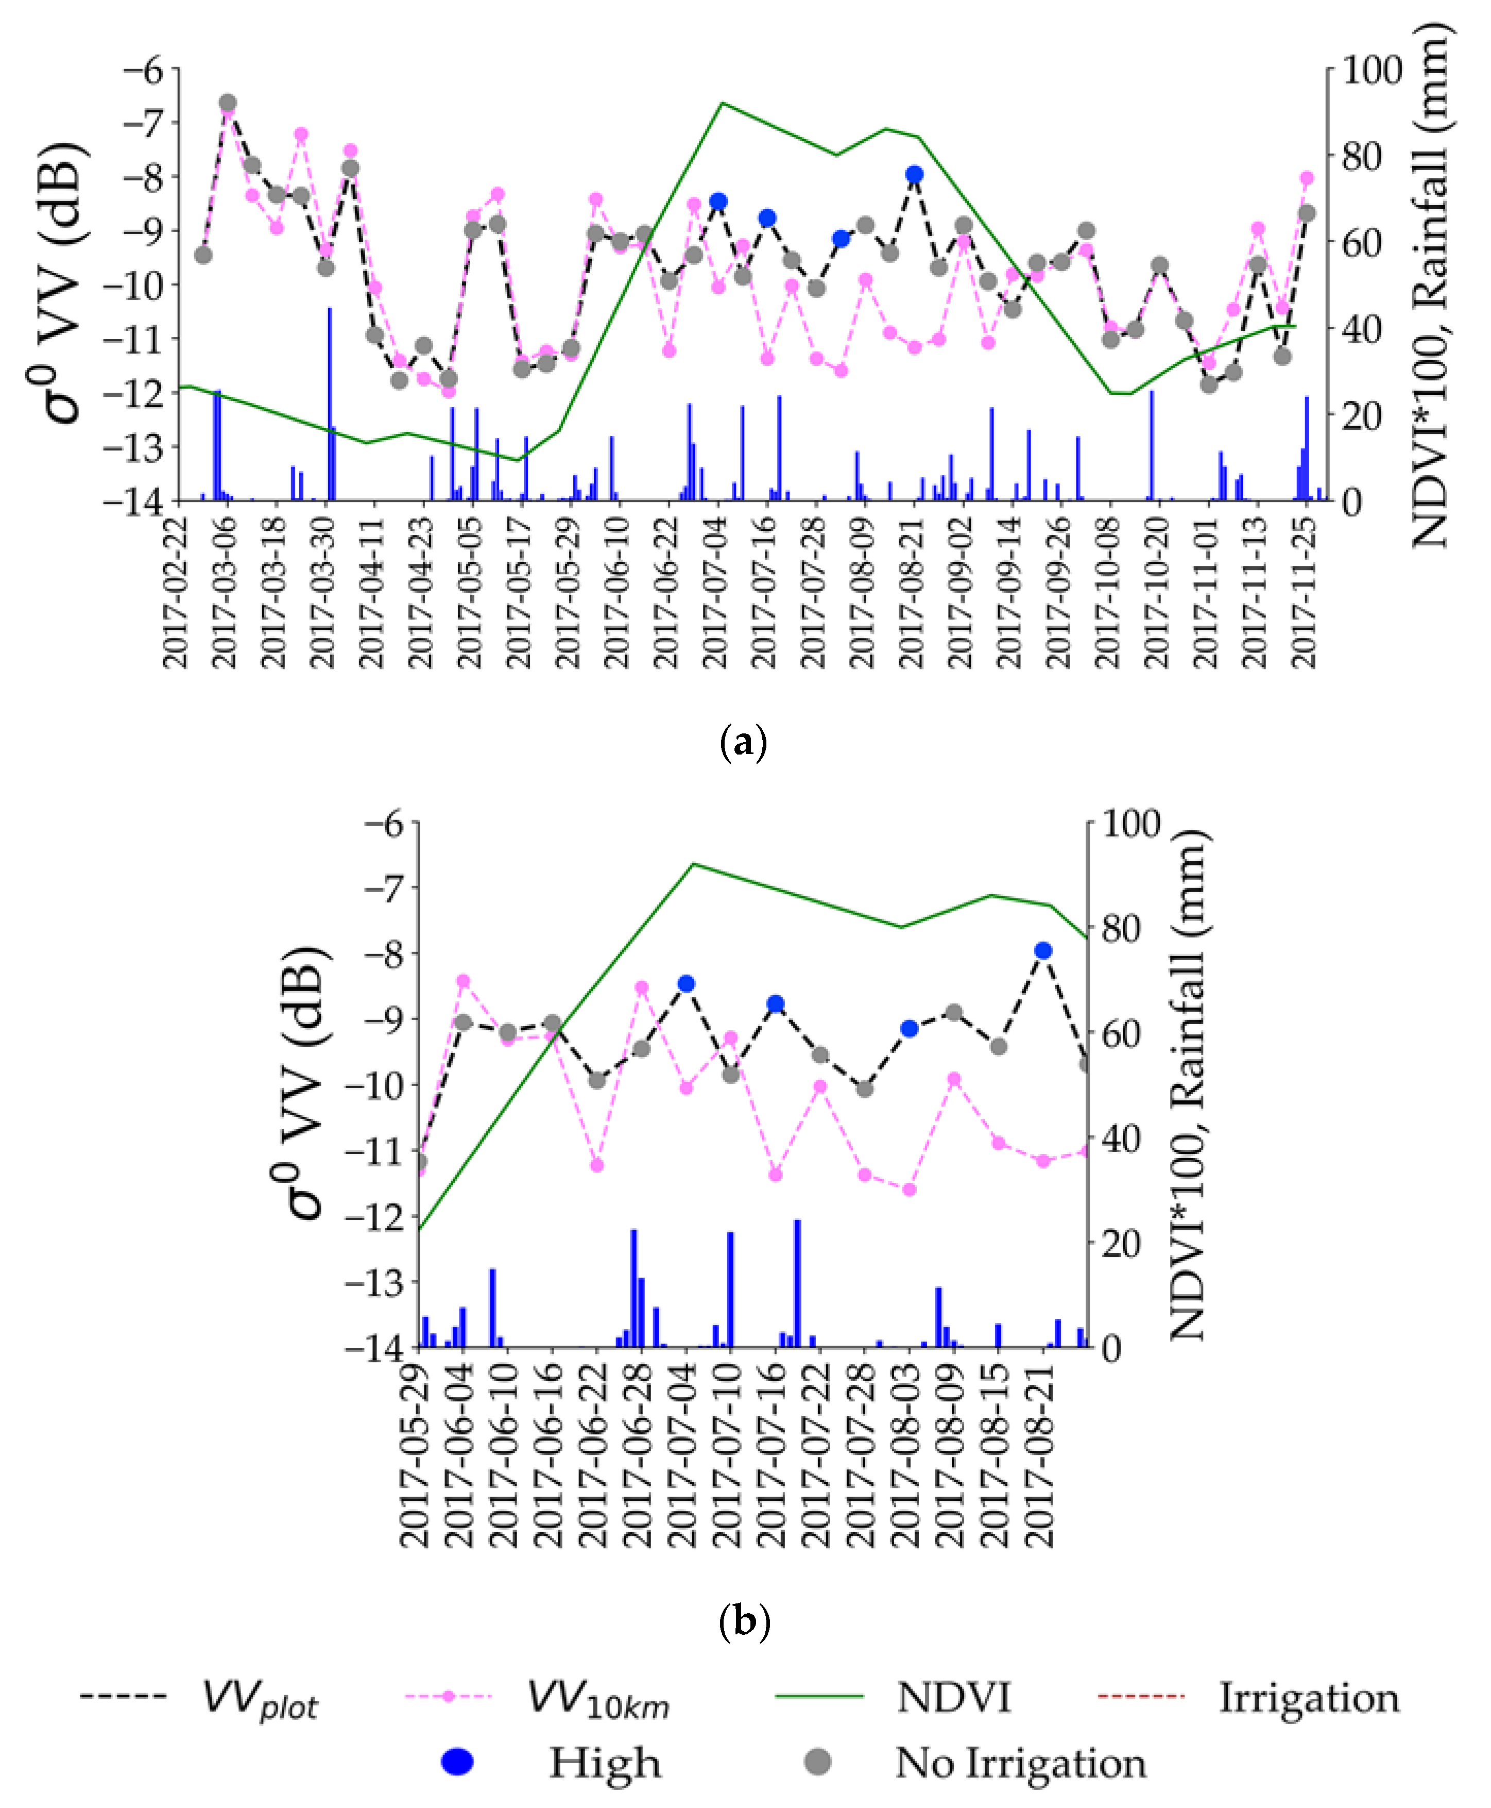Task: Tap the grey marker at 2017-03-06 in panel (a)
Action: point(228,103)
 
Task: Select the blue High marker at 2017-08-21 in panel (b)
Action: point(1043,950)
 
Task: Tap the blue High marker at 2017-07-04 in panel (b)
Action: point(686,984)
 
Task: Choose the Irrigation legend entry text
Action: point(1309,1697)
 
